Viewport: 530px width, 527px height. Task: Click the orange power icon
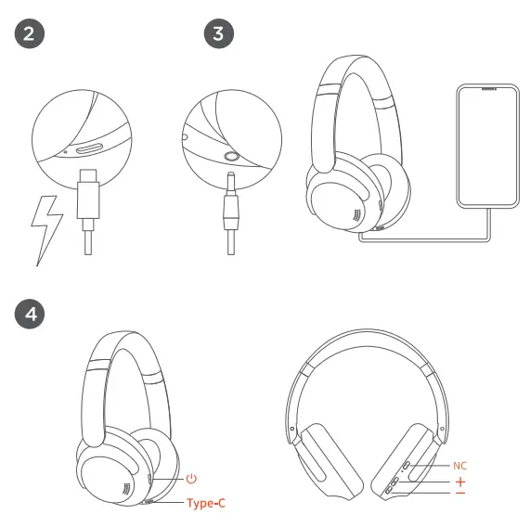[x=191, y=479]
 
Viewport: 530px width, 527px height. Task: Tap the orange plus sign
[x=459, y=483]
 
